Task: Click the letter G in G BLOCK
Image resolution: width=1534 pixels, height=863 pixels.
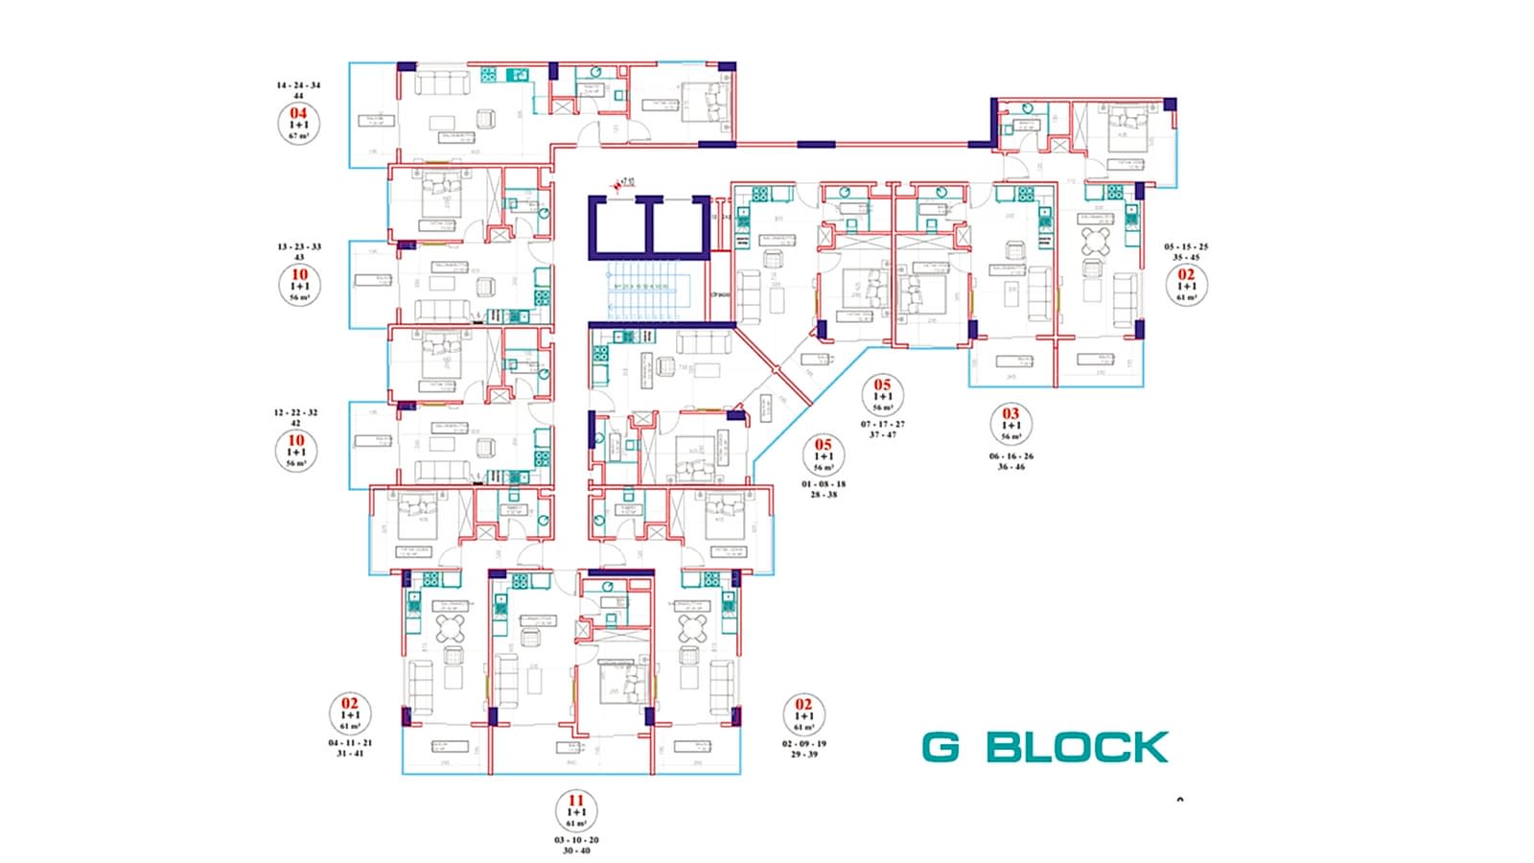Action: (x=941, y=747)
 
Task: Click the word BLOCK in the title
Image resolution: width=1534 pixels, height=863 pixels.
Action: (x=1077, y=747)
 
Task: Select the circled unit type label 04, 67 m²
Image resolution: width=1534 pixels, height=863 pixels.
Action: (x=298, y=124)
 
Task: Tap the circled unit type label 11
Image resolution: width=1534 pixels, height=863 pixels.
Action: (x=576, y=811)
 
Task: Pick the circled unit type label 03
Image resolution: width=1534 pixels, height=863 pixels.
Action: (x=1011, y=424)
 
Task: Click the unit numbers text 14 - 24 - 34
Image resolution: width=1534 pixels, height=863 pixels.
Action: (x=298, y=85)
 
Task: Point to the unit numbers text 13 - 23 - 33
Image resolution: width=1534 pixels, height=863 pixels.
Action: (x=299, y=246)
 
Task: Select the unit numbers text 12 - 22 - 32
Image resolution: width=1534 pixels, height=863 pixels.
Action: (x=295, y=412)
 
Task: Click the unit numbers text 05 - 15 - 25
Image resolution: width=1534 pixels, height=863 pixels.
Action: (x=1186, y=246)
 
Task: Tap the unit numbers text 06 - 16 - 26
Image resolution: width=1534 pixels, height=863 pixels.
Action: (x=1011, y=456)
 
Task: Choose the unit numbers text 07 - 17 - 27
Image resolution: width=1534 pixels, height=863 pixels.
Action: (x=882, y=424)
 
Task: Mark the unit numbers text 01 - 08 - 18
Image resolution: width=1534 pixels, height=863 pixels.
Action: (x=824, y=484)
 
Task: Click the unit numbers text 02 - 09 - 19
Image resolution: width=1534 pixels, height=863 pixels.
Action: (x=803, y=744)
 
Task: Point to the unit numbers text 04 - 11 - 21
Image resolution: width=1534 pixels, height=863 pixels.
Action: (x=350, y=743)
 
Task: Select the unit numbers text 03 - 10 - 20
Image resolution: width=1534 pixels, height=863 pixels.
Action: (x=576, y=840)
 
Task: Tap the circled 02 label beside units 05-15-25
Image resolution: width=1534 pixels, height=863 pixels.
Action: (x=1187, y=285)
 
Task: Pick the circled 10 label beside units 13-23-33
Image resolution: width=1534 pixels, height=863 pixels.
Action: (x=299, y=285)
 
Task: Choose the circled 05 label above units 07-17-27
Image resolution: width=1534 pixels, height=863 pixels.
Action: (x=882, y=394)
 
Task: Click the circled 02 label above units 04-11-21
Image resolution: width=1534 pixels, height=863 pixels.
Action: (x=350, y=713)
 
